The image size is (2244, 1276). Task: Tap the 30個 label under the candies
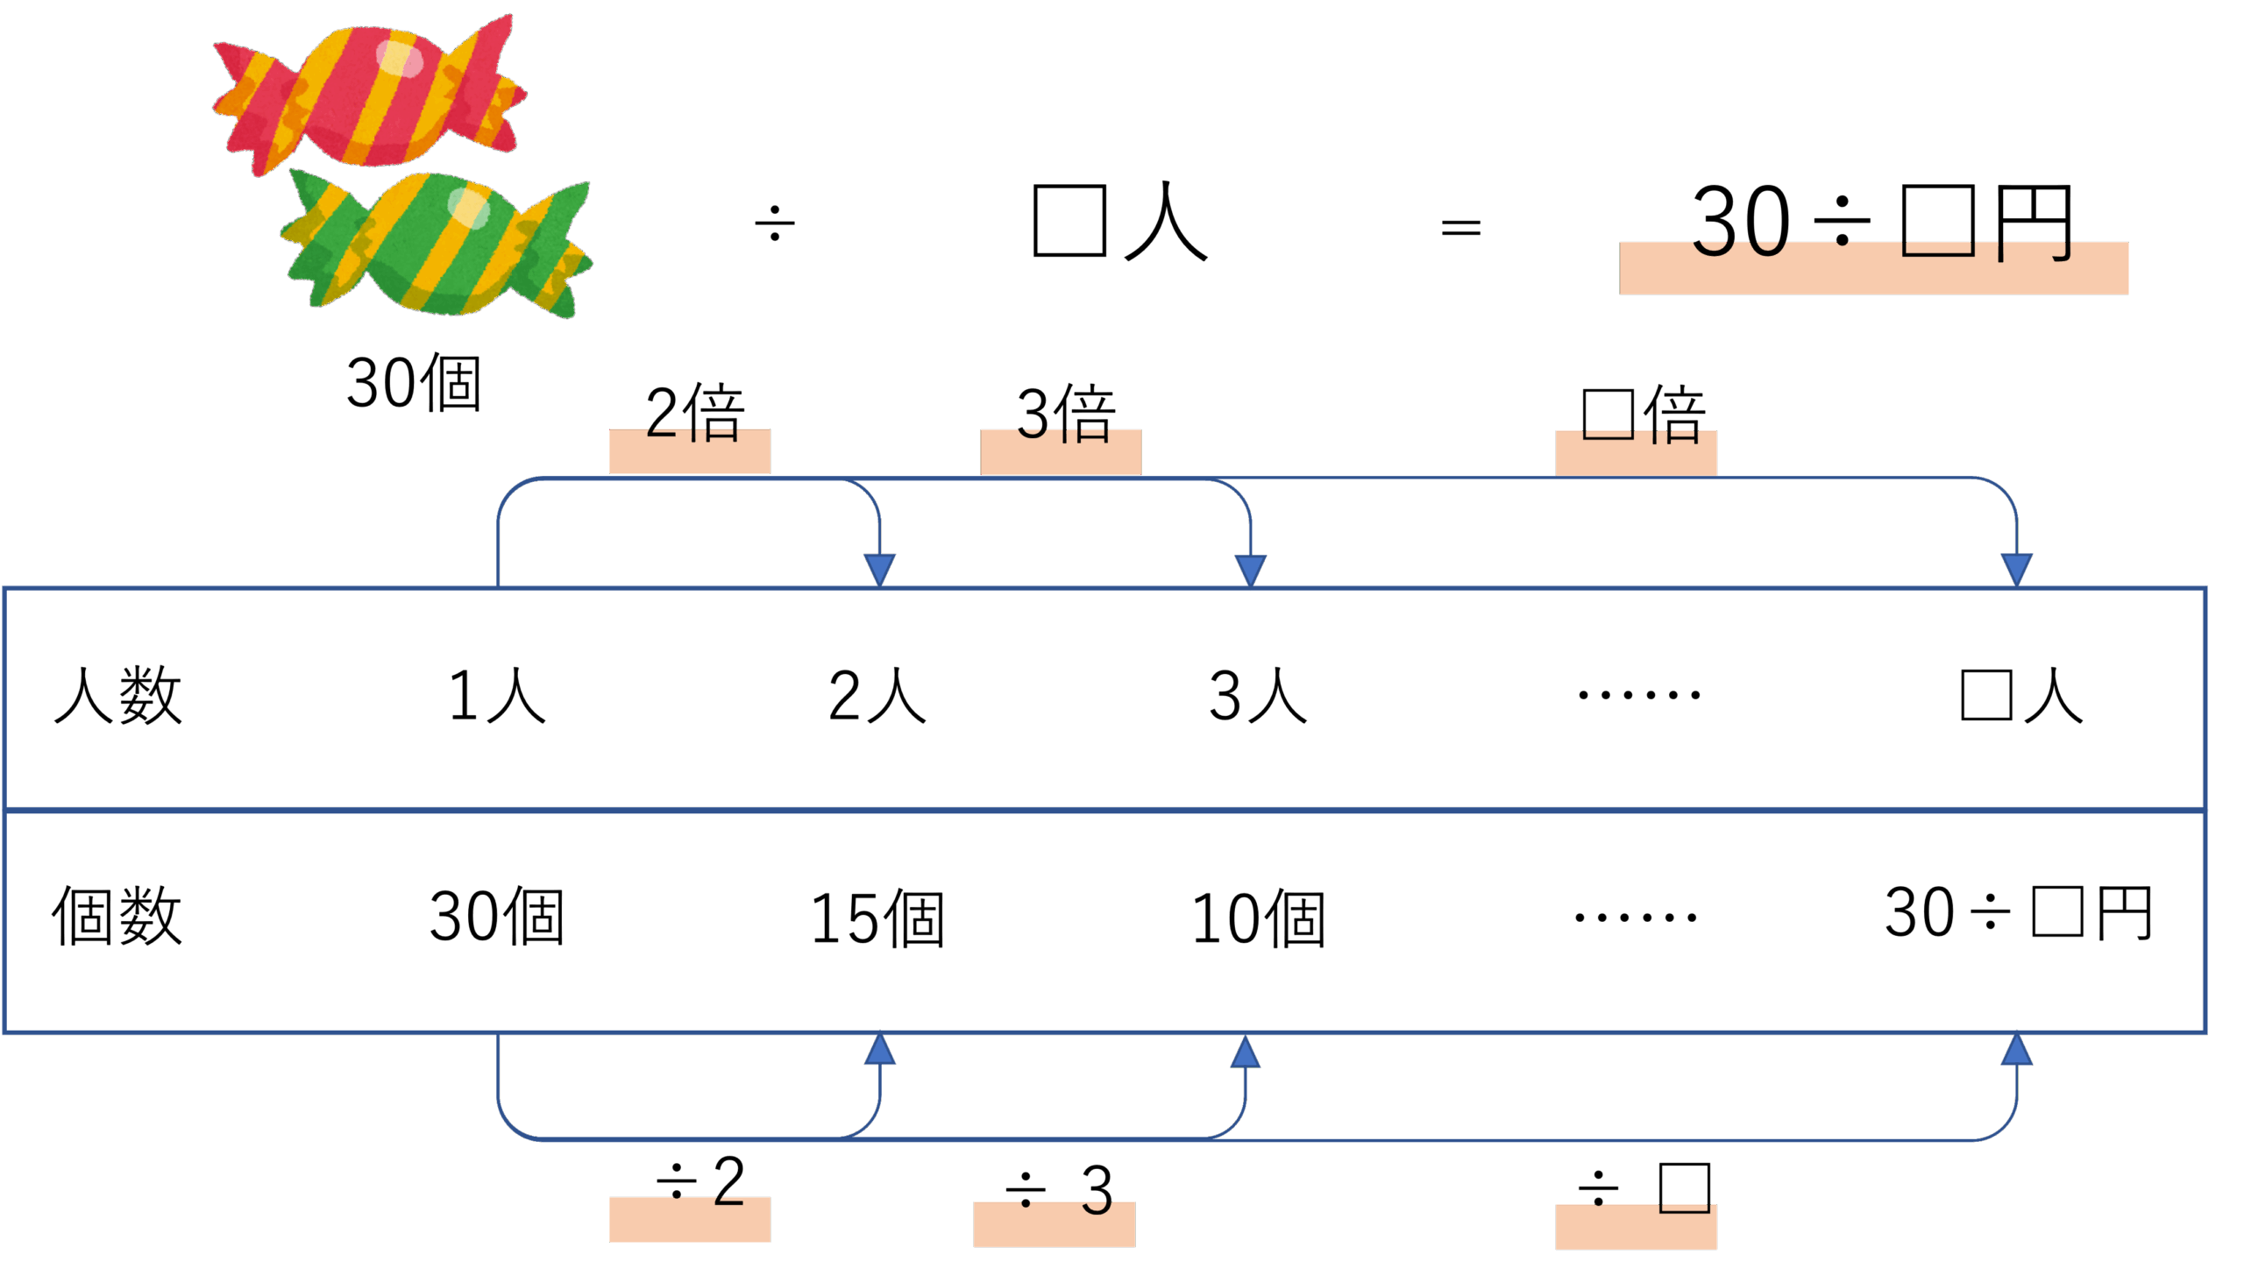(414, 383)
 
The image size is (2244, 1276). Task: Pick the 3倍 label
(1065, 414)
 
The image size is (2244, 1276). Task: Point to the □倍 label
(1643, 415)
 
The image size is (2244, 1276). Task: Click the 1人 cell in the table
(497, 696)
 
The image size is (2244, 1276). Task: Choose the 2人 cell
(877, 696)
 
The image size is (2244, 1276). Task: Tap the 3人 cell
(1258, 696)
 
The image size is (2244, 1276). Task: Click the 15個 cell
(877, 918)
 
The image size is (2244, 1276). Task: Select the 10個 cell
(1258, 918)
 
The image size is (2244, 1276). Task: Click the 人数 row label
(118, 696)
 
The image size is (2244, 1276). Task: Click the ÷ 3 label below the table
(1059, 1190)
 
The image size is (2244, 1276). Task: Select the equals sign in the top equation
(1461, 229)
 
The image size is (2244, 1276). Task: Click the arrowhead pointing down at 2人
(879, 569)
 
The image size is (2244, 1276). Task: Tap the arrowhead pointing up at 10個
(1245, 1052)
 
